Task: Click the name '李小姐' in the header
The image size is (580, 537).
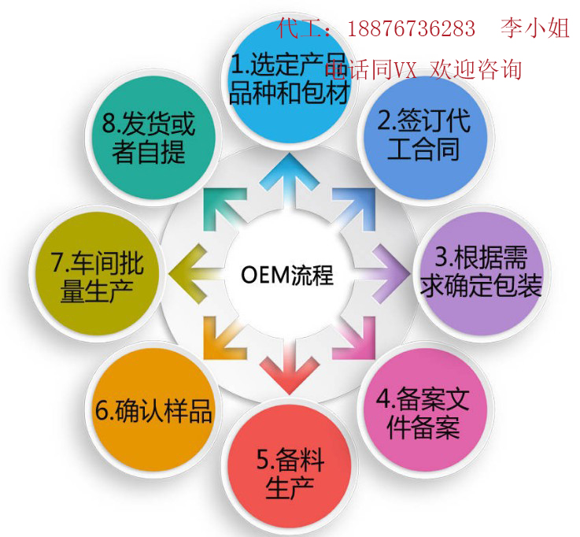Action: pos(534,30)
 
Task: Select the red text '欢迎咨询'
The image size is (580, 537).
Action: pos(475,69)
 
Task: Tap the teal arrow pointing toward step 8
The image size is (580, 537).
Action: pos(220,209)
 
